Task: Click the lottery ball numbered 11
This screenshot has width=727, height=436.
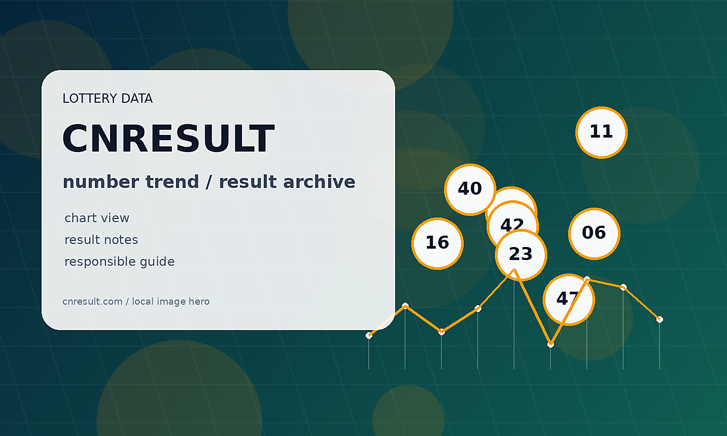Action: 601,132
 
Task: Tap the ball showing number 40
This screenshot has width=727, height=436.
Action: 470,189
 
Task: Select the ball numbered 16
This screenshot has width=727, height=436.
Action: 437,243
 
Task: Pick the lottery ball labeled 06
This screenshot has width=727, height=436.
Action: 594,234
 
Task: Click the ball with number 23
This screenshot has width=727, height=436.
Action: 521,255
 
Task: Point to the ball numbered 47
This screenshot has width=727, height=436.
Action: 569,299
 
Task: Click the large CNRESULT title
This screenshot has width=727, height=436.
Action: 168,139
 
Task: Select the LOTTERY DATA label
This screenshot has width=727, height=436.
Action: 107,98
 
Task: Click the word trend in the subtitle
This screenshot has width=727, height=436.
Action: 172,182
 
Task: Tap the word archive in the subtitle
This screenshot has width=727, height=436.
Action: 319,182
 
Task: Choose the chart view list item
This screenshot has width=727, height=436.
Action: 97,218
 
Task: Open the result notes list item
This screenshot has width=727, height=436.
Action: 101,240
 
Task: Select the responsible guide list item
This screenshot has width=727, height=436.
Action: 119,262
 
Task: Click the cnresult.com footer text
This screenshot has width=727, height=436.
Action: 92,302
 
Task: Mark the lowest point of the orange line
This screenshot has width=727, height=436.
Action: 550,345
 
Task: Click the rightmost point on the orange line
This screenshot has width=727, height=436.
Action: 659,320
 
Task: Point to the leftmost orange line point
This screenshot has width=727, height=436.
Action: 369,335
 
